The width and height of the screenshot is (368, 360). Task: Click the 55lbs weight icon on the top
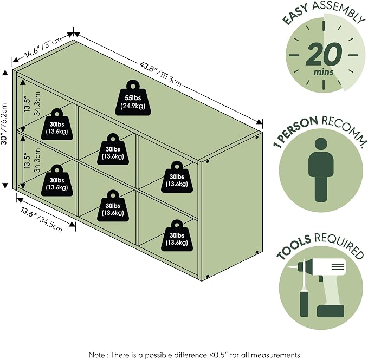(133, 98)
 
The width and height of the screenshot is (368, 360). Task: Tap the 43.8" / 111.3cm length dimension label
(160, 74)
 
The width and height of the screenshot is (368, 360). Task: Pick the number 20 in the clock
(324, 54)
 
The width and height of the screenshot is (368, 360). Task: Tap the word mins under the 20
(324, 72)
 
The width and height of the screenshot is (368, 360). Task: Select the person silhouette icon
(321, 169)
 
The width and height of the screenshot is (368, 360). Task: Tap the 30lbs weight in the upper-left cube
(56, 125)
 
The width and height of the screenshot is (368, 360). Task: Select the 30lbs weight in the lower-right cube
(177, 235)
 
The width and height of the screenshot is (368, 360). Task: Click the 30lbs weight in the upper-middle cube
(113, 149)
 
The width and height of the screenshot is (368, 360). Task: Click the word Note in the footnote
(96, 355)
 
